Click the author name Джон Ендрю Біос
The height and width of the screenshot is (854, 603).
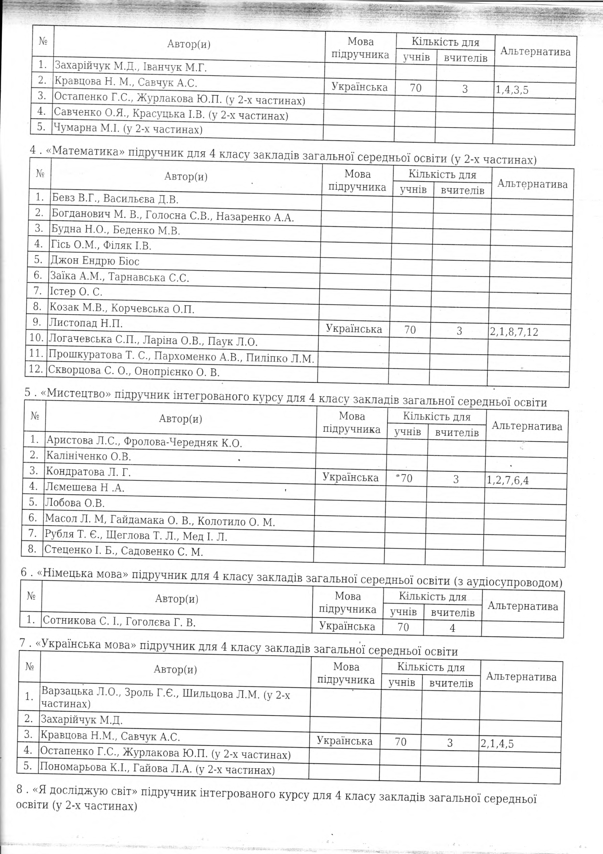tap(95, 261)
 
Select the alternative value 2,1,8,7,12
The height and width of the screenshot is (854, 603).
tap(514, 332)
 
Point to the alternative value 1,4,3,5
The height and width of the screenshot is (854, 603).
tap(512, 90)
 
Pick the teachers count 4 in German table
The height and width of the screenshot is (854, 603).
tap(452, 628)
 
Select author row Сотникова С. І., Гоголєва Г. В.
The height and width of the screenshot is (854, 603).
tap(119, 622)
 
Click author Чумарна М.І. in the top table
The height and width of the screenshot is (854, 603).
tap(128, 129)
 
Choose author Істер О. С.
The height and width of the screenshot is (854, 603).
tap(76, 291)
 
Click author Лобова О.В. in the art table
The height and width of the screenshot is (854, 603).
tap(75, 503)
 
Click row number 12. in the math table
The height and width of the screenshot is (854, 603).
tap(36, 369)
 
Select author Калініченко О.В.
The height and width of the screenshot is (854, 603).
tap(88, 456)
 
